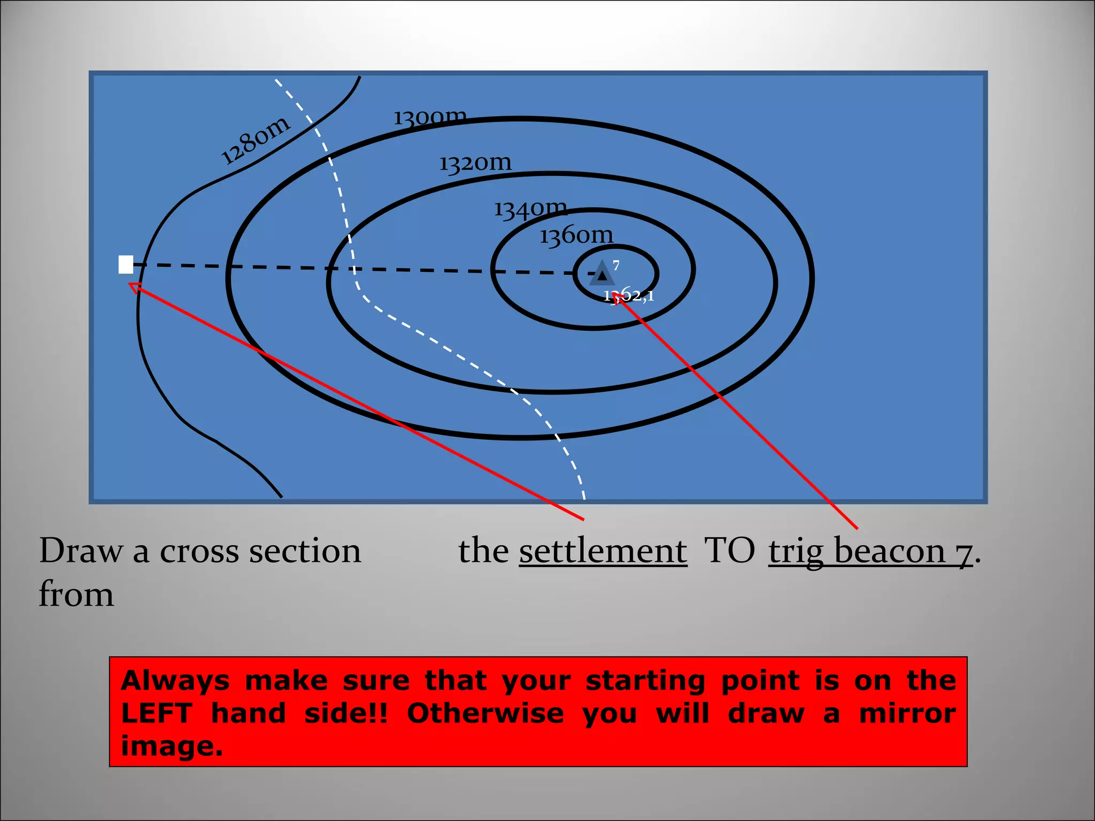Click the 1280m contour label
[x=256, y=140]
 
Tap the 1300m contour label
[x=430, y=117]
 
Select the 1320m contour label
[x=475, y=162]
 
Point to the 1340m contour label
[x=530, y=208]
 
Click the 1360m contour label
[x=576, y=235]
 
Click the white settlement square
[x=126, y=265]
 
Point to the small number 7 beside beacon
[x=616, y=265]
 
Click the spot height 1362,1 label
[x=629, y=296]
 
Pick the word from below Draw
[x=76, y=594]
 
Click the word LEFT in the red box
[x=157, y=713]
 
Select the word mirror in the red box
[x=907, y=713]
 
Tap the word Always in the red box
[x=175, y=680]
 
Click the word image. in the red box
[x=172, y=746]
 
